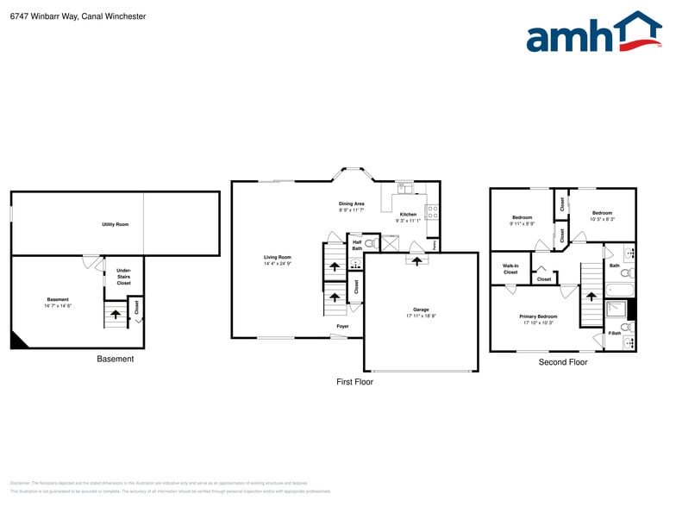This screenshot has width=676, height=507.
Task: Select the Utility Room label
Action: coord(115,224)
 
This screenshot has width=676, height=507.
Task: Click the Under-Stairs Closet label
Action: coord(123,277)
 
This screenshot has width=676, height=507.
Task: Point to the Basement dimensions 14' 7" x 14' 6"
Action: coord(58,306)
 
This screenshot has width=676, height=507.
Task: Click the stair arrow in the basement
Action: coord(115,315)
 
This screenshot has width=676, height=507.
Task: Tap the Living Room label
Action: coord(278,257)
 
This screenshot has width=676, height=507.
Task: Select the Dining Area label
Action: coord(351,204)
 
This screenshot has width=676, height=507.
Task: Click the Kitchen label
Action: coord(407,215)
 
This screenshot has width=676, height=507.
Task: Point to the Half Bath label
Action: coord(356,245)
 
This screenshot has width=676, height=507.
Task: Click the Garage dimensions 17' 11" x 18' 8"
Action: coord(421,316)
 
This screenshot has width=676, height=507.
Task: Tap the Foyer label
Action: coord(342,327)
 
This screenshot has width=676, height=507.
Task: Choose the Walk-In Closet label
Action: coord(510,269)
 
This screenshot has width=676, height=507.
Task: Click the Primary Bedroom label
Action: coord(538,316)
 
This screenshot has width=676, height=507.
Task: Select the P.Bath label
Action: coord(615,333)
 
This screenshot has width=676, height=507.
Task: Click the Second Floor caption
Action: coord(563,362)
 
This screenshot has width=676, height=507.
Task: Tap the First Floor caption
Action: coord(354,381)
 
